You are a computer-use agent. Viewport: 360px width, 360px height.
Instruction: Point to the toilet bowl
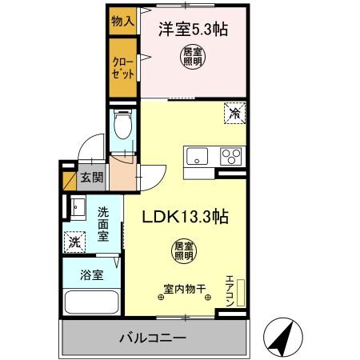[123, 126]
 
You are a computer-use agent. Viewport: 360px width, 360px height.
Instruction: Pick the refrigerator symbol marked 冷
[234, 114]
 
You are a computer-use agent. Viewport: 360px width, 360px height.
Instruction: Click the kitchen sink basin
[197, 157]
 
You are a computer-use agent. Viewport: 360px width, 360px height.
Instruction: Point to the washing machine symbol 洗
[74, 239]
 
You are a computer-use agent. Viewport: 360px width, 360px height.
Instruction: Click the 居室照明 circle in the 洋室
[190, 58]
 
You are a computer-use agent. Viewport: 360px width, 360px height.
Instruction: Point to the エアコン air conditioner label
[229, 289]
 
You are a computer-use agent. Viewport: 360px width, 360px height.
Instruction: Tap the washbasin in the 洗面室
[78, 209]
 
